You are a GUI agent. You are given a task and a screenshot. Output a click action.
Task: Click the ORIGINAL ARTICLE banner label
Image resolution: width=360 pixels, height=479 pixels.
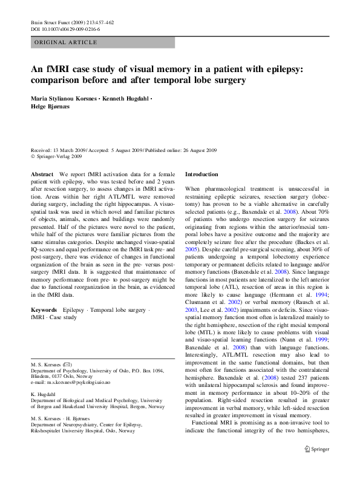pos(65,42)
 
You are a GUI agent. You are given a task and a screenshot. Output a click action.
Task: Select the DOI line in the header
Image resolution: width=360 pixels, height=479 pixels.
pos(65,28)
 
